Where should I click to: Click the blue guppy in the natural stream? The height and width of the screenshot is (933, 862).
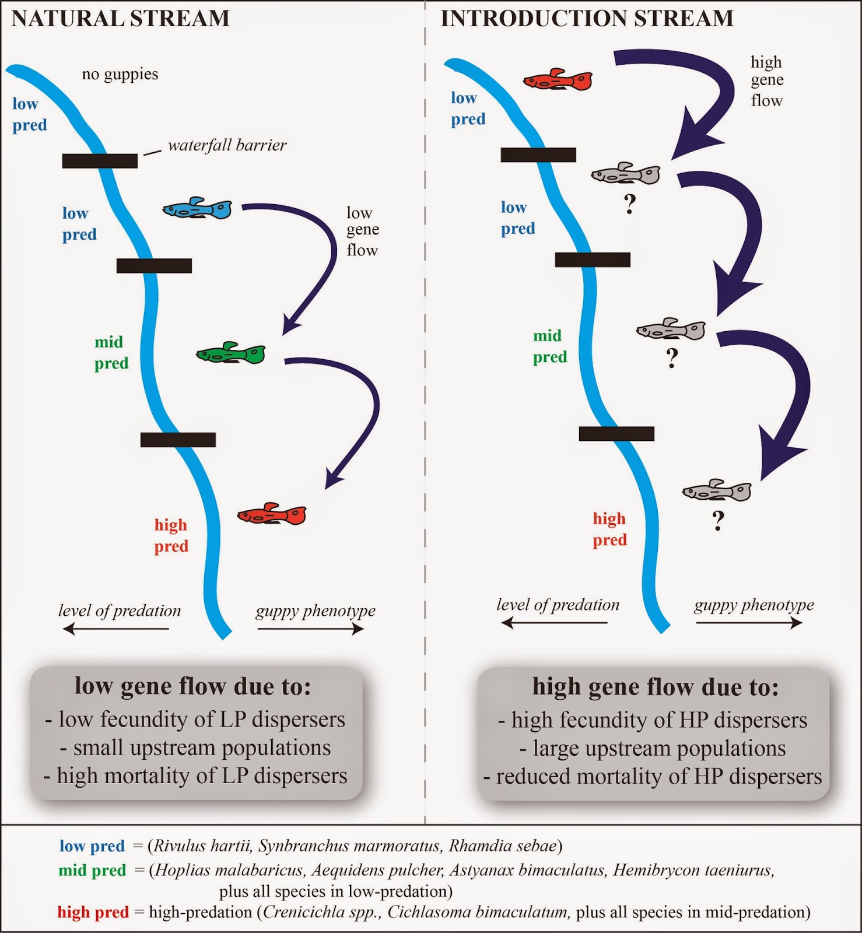pyautogui.click(x=197, y=209)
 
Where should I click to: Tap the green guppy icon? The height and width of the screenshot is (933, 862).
pyautogui.click(x=231, y=353)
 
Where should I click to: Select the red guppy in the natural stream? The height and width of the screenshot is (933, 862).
pyautogui.click(x=272, y=514)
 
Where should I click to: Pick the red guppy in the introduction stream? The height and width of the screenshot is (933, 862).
pyautogui.click(x=558, y=80)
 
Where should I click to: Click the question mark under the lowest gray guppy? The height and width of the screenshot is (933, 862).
pyautogui.click(x=718, y=520)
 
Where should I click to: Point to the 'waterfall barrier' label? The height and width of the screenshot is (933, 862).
pyautogui.click(x=227, y=145)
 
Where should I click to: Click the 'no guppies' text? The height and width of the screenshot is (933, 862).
pyautogui.click(x=120, y=74)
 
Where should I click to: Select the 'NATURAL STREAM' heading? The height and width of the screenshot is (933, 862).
pyautogui.click(x=121, y=19)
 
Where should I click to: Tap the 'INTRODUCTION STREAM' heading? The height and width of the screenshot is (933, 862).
pyautogui.click(x=587, y=19)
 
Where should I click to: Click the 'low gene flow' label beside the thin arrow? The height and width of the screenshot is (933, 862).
pyautogui.click(x=362, y=232)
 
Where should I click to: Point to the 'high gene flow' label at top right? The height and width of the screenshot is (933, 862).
pyautogui.click(x=767, y=81)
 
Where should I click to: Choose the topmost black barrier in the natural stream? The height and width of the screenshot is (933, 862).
pyautogui.click(x=100, y=160)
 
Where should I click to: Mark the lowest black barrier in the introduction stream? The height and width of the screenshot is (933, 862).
pyautogui.click(x=616, y=433)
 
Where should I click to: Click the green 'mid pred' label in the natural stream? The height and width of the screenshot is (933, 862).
pyautogui.click(x=111, y=352)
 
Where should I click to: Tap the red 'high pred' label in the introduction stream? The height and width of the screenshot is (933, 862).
pyautogui.click(x=609, y=529)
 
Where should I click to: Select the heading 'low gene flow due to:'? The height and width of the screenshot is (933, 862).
pyautogui.click(x=192, y=686)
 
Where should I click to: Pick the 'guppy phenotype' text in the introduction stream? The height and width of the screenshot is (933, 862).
pyautogui.click(x=754, y=605)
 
